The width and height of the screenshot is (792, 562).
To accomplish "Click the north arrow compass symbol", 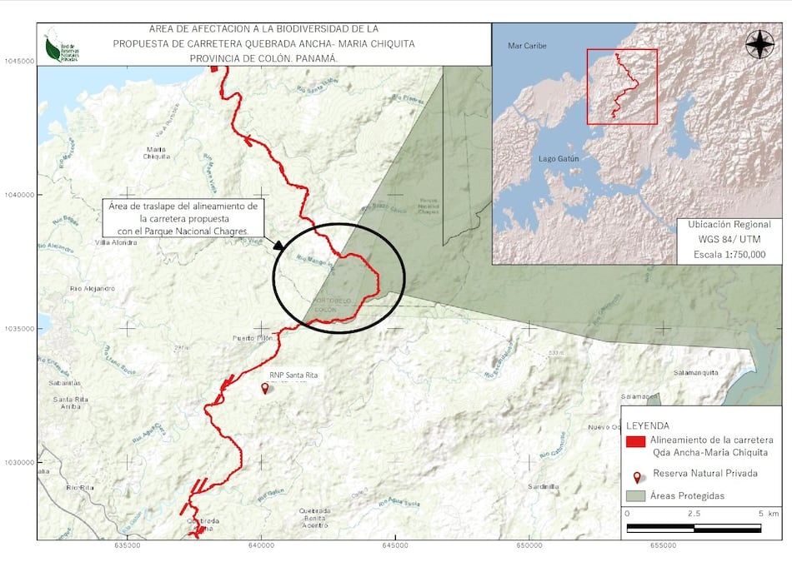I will click(x=759, y=44).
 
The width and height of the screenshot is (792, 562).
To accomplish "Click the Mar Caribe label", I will click(x=527, y=46).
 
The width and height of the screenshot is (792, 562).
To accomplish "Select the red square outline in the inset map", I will click(x=622, y=87).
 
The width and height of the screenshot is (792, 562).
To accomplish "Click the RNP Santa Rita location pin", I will click(x=266, y=388).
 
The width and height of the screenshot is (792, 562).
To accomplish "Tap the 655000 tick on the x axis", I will click(x=663, y=545).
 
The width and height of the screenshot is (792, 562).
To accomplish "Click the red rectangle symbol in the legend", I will click(x=636, y=442).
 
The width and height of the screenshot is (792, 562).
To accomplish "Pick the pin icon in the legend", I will click(x=638, y=477).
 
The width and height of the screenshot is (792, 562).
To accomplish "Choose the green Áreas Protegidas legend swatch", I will click(x=636, y=495).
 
